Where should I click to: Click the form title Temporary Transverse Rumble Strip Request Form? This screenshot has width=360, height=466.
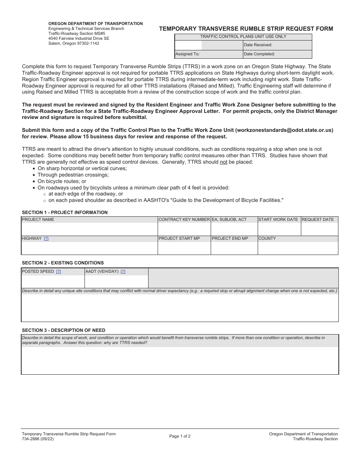(x=246, y=29)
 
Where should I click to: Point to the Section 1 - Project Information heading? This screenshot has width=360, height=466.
(x=65, y=213)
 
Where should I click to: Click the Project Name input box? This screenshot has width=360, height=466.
(x=89, y=229)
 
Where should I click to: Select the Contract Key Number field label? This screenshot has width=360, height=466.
(x=184, y=220)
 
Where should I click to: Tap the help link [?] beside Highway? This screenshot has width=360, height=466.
(x=46, y=239)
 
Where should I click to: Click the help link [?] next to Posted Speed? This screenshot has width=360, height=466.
(x=58, y=272)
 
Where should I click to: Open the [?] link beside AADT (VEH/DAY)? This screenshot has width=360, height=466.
(x=123, y=272)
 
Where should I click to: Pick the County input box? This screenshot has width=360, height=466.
(x=297, y=248)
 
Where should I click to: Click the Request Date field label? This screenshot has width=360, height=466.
(x=318, y=220)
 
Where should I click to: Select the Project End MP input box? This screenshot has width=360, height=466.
(x=234, y=248)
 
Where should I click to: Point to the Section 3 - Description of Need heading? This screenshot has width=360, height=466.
(x=64, y=330)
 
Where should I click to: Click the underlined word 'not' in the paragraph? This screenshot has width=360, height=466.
(x=224, y=162)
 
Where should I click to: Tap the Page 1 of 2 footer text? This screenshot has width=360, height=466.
(x=180, y=436)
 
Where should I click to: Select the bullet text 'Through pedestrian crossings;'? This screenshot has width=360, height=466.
(x=73, y=175)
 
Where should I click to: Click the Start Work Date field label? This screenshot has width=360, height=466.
(x=278, y=220)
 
